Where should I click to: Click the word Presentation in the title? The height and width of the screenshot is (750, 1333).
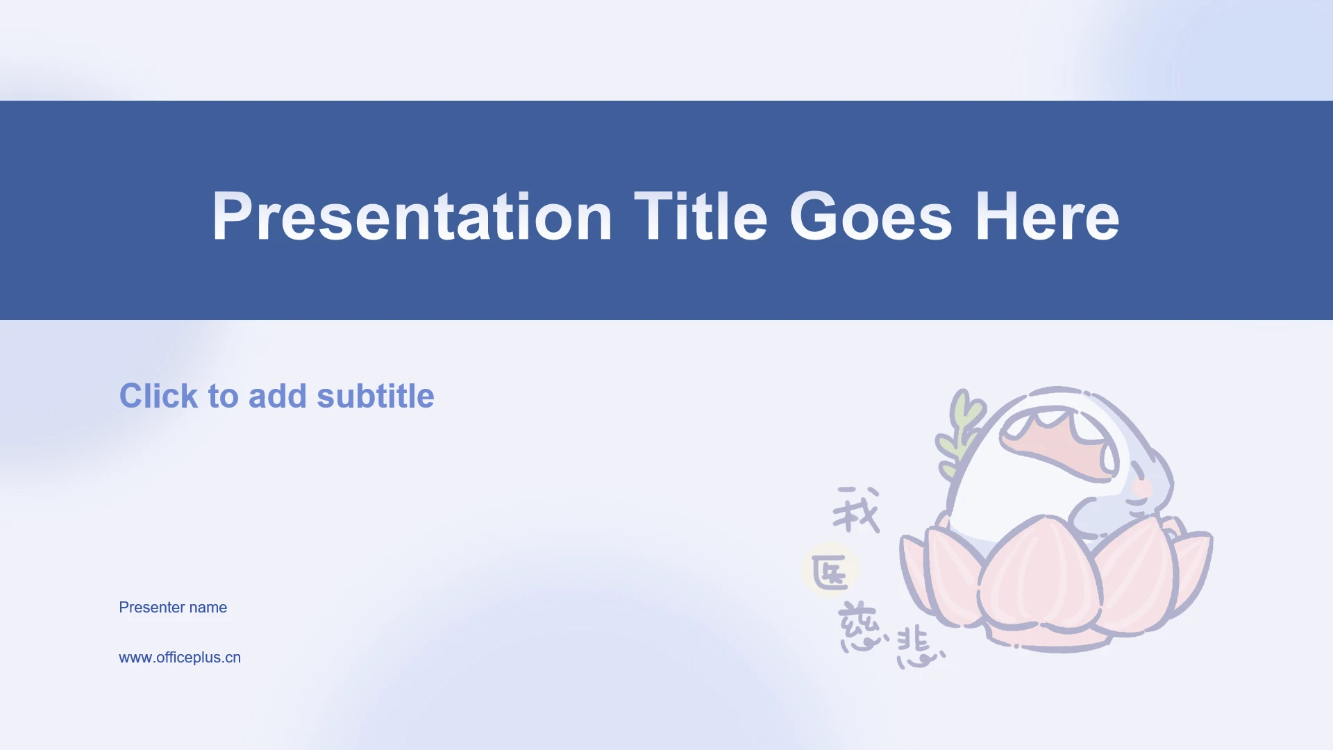pyautogui.click(x=412, y=217)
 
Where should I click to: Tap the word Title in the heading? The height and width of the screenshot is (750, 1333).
pyautogui.click(x=701, y=217)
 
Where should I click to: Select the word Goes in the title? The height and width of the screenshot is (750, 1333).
pyautogui.click(x=871, y=217)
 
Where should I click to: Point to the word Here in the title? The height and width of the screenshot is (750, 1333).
pyautogui.click(x=1047, y=217)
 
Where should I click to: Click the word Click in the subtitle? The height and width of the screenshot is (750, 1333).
pyautogui.click(x=159, y=396)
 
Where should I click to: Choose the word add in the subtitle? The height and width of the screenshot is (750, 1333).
pyautogui.click(x=278, y=396)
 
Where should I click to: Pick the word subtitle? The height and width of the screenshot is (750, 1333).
pyautogui.click(x=376, y=396)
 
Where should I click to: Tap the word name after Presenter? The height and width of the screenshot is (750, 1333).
pyautogui.click(x=208, y=608)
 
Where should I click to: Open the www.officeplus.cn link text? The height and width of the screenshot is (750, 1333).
pyautogui.click(x=180, y=658)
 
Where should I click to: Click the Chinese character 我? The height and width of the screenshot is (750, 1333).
pyautogui.click(x=857, y=510)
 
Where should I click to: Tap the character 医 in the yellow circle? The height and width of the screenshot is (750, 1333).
pyautogui.click(x=830, y=572)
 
